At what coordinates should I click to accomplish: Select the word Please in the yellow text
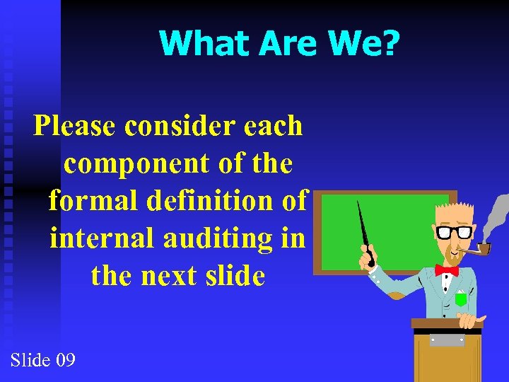click(75, 127)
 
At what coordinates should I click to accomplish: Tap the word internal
click(103, 238)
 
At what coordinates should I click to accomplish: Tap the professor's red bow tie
click(446, 270)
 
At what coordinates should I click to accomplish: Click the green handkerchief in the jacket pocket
click(461, 299)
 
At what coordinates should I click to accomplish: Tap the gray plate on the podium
click(447, 340)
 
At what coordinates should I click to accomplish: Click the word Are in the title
click(289, 44)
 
